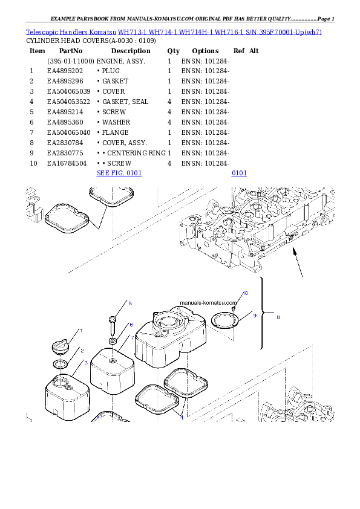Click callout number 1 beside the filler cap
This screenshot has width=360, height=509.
point(81,331)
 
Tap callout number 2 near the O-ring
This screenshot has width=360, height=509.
point(82,350)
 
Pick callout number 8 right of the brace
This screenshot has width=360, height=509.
point(278,317)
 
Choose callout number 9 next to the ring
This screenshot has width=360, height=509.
point(255,315)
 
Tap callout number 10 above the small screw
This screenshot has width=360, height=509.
point(244,293)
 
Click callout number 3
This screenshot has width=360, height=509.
point(86,362)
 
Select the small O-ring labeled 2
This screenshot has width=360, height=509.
point(61,364)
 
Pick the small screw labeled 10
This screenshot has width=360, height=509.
point(234,308)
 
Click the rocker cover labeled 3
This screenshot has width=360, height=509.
point(67,396)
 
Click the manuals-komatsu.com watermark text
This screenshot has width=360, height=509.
point(207,303)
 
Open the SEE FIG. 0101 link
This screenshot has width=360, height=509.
point(119,173)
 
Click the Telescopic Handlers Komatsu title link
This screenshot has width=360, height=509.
point(173,31)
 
